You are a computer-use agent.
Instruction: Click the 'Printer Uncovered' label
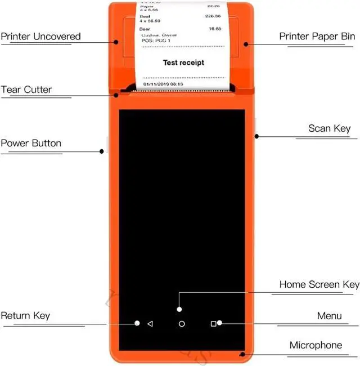40,37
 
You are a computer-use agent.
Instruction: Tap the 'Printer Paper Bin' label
317,37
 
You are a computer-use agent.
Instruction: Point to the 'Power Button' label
31,143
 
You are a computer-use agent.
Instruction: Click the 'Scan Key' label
329,128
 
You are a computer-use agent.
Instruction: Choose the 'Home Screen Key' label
319,284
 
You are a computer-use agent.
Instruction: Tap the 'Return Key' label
25,315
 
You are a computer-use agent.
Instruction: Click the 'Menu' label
329,315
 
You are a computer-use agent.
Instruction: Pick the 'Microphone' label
316,345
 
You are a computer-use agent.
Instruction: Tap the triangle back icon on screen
150,324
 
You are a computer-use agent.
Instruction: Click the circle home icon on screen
182,324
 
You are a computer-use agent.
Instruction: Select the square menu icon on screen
213,324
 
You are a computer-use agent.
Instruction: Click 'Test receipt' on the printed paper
183,63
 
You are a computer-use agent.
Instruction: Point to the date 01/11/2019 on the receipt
156,84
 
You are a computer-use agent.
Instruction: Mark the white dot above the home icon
179,309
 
